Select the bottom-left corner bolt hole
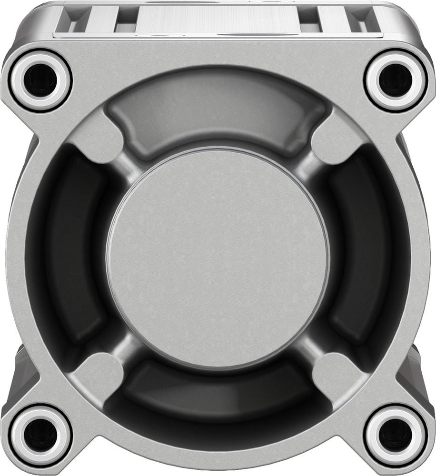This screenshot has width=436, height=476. pos(40,436)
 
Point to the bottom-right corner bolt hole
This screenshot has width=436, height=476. pos(396,436)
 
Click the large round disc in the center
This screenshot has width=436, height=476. pos(218,259)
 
